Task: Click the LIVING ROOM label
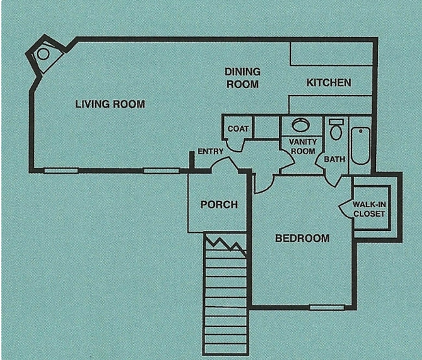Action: [110, 104]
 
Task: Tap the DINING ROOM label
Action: [243, 78]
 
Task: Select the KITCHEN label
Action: [329, 82]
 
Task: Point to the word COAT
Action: [238, 129]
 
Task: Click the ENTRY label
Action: [210, 151]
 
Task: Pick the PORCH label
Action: [219, 204]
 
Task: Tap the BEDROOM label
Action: [303, 238]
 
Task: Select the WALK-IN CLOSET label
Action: [369, 209]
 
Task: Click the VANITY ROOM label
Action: [303, 146]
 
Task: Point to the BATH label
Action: [334, 159]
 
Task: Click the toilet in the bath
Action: [336, 129]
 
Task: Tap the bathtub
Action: [360, 145]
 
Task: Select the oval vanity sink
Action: [301, 125]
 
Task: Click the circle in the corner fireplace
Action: [43, 54]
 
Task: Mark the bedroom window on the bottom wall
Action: [327, 307]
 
